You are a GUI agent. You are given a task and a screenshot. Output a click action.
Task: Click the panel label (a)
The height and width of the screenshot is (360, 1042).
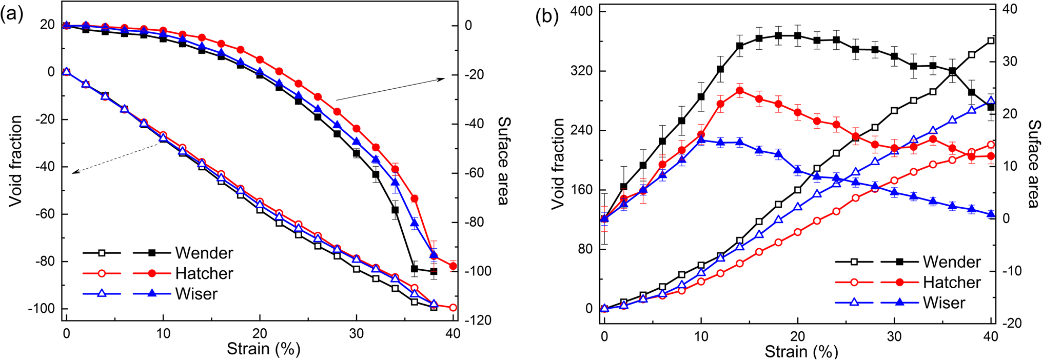pyautogui.click(x=12, y=14)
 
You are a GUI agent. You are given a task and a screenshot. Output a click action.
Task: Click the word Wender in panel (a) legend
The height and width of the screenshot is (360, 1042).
pyautogui.click(x=204, y=253)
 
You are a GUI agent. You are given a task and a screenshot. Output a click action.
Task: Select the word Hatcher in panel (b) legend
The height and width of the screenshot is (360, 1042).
pyautogui.click(x=952, y=283)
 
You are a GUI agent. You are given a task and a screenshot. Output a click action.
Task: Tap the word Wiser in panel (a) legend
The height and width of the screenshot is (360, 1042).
pyautogui.click(x=196, y=294)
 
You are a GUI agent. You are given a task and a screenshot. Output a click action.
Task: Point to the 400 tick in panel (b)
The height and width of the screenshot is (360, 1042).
pyautogui.click(x=581, y=11)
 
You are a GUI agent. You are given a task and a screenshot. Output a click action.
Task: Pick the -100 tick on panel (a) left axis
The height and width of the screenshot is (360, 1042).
pyautogui.click(x=44, y=309)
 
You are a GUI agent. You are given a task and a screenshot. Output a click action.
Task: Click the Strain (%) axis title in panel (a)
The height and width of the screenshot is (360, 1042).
pyautogui.click(x=263, y=349)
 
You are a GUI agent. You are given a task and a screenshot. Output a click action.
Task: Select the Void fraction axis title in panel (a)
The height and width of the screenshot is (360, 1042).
pyautogui.click(x=16, y=161)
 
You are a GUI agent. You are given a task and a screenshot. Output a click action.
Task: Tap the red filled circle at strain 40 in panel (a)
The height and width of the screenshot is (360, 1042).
pyautogui.click(x=453, y=266)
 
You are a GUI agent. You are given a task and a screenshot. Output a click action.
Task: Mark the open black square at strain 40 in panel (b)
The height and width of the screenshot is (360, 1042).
pyautogui.click(x=991, y=41)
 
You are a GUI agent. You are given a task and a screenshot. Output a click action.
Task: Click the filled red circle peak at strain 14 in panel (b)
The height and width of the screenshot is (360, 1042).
pyautogui.click(x=740, y=91)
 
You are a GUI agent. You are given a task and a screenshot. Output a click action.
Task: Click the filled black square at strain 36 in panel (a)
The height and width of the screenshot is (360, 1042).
pyautogui.click(x=415, y=269)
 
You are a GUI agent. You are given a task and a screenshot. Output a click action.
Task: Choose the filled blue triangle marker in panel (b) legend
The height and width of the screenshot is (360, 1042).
pyautogui.click(x=899, y=303)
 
